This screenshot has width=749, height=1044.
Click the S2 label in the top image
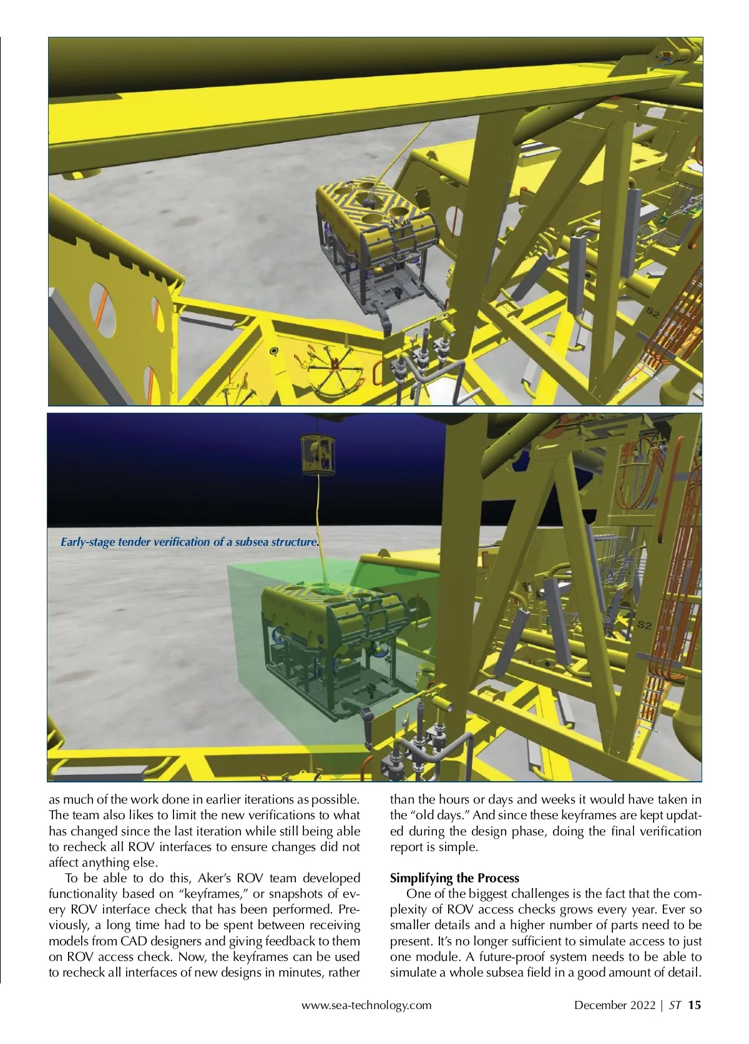click(652, 312)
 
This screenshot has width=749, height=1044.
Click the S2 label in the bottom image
click(644, 624)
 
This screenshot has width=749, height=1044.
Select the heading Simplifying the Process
click(454, 878)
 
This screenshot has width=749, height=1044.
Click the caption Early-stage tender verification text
click(189, 542)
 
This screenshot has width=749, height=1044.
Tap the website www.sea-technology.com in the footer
click(366, 1005)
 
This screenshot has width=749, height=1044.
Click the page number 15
click(695, 1005)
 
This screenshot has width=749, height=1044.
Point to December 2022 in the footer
click(614, 1005)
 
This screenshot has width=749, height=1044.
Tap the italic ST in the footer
click(674, 1005)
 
